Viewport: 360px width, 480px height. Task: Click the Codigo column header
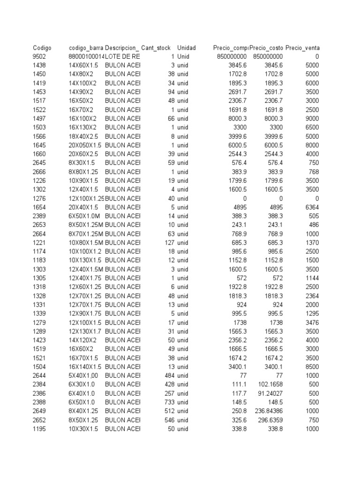tap(42, 48)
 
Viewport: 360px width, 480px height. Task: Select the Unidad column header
tap(186, 48)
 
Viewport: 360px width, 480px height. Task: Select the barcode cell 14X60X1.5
tap(83, 66)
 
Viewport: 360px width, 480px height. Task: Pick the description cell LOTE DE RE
tap(122, 57)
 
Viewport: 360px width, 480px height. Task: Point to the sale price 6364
tap(311, 207)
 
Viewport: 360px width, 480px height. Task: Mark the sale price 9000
tap(311, 119)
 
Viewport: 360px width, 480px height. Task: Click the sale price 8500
tap(311, 367)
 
